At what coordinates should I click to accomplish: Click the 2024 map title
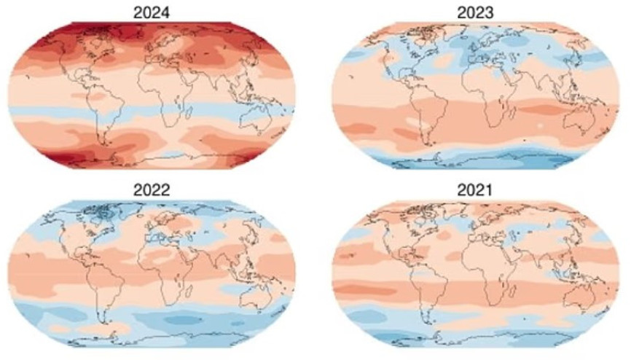pyautogui.click(x=152, y=10)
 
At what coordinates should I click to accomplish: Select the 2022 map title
pyautogui.click(x=152, y=189)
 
